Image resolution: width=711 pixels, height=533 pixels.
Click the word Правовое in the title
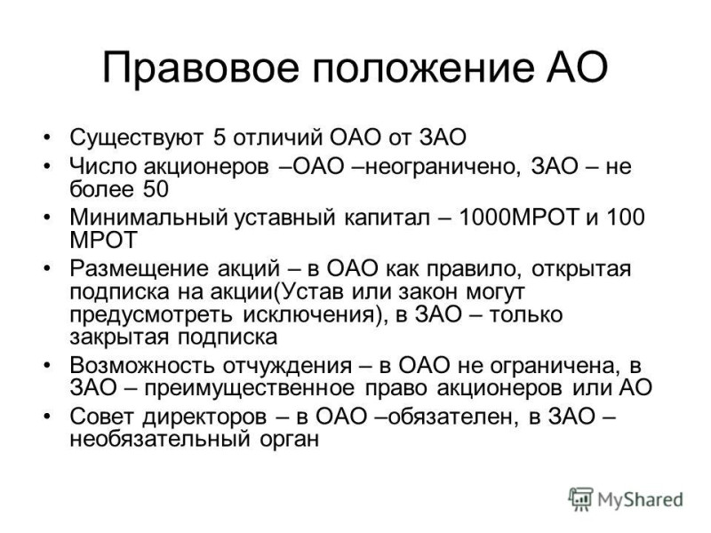pyautogui.click(x=201, y=68)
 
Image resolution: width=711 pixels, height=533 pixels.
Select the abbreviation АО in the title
pyautogui.click(x=576, y=68)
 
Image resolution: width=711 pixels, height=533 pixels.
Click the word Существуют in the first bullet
pyautogui.click(x=137, y=138)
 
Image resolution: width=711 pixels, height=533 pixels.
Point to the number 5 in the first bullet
pyautogui.click(x=220, y=137)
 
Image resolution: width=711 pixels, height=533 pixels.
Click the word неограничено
pyautogui.click(x=442, y=167)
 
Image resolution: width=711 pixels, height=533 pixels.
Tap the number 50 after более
pyautogui.click(x=156, y=189)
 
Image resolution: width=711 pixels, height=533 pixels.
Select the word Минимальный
pyautogui.click(x=148, y=217)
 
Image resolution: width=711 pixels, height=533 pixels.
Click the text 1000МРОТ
pyautogui.click(x=518, y=217)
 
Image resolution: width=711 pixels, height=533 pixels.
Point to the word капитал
pyautogui.click(x=387, y=218)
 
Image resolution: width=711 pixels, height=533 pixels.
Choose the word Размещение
pyautogui.click(x=140, y=269)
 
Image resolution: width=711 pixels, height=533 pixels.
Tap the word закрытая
pyautogui.click(x=119, y=338)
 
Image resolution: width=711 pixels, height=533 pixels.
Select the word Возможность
pyautogui.click(x=141, y=366)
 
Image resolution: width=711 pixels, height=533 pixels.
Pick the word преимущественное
pyautogui.click(x=250, y=388)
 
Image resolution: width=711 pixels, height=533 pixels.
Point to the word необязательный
pyautogui.click(x=160, y=440)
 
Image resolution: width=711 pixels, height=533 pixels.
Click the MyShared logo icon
pyautogui.click(x=580, y=499)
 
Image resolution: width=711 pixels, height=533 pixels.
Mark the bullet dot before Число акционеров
pyautogui.click(x=46, y=166)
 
